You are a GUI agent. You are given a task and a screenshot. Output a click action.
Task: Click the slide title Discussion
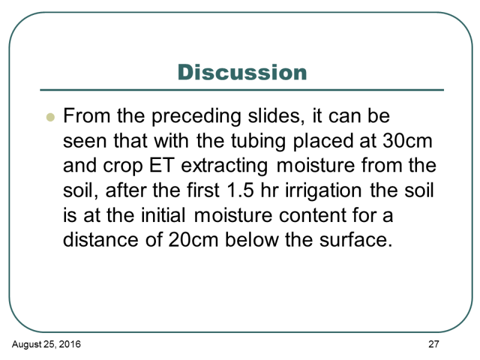pos(242,72)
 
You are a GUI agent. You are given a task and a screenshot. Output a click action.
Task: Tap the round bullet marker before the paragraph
pos(50,117)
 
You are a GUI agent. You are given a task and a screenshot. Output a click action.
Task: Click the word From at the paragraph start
pos(86,116)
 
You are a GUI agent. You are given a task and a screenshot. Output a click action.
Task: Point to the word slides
pos(277,116)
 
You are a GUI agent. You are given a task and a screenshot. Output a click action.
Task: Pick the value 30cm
pos(407,141)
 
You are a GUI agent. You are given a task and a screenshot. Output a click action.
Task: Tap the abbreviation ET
pos(161,166)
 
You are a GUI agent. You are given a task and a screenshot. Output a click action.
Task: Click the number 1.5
pos(240,190)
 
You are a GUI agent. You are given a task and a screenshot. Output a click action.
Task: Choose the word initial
pos(163,215)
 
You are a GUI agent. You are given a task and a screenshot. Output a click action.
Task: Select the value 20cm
pos(193,239)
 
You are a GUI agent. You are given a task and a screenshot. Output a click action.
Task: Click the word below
pos(251,239)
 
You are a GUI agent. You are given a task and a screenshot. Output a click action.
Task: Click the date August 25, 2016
pos(46,344)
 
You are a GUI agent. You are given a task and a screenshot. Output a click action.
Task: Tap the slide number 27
pos(434,344)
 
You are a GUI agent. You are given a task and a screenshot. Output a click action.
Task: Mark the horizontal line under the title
pos(242,90)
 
